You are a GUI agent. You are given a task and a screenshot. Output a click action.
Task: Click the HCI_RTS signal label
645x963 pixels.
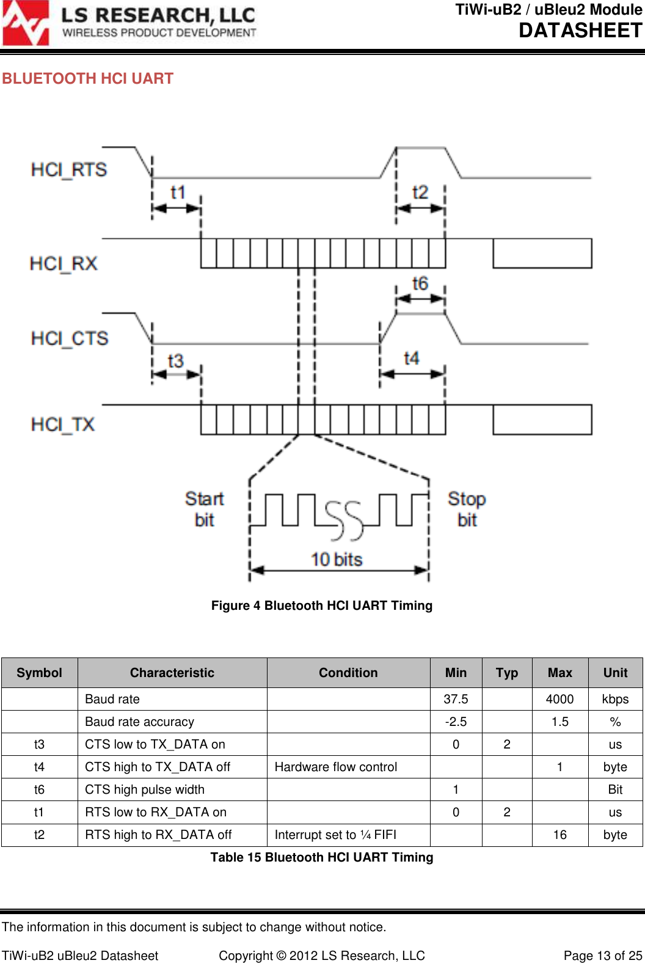coord(69,169)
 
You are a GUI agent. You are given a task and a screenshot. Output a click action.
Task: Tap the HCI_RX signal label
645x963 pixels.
coord(64,263)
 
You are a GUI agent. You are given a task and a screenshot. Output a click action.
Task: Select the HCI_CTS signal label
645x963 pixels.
coord(70,338)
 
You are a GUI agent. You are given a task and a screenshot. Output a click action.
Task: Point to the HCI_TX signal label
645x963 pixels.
coord(63,424)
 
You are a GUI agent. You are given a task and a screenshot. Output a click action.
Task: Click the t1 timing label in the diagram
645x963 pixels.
coord(178,192)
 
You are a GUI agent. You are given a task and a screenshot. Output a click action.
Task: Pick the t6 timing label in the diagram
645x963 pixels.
coord(420,284)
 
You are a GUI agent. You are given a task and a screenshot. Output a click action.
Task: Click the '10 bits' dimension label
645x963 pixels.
coord(337,559)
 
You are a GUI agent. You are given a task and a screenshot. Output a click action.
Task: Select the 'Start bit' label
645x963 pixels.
coord(205,509)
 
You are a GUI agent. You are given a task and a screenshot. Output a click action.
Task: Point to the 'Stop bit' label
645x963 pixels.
coord(467,509)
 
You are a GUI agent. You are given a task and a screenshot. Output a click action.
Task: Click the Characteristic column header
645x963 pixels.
coord(172,673)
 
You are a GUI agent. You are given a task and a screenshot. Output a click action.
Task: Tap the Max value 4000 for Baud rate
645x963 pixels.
coord(559,699)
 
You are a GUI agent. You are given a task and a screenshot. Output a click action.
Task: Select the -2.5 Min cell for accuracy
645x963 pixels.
coord(456,722)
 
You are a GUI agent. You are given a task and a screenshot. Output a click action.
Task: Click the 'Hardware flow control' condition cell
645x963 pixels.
coord(336,767)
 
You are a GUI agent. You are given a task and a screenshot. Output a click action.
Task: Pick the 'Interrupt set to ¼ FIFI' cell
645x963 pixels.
coord(335,835)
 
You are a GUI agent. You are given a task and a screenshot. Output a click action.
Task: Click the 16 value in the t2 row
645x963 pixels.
coord(559,835)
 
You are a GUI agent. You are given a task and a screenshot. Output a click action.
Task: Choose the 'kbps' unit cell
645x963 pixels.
coord(615,699)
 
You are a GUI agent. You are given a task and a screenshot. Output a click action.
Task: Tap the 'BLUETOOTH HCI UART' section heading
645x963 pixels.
coord(88,79)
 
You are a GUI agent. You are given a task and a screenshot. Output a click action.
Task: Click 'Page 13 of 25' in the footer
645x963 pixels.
coord(602,955)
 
